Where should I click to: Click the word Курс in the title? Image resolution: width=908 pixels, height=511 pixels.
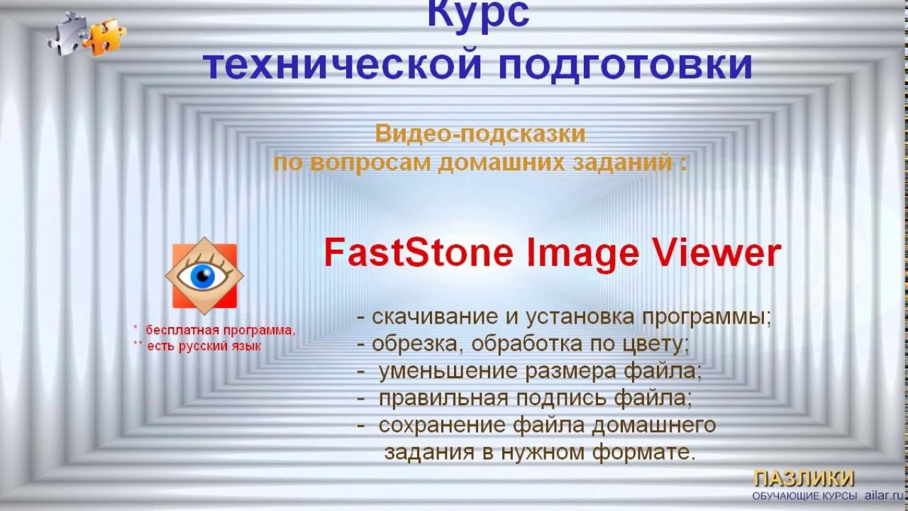[x=477, y=16]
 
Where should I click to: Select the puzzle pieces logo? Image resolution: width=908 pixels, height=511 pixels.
[x=87, y=35]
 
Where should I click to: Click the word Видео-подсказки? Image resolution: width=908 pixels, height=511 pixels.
[x=480, y=133]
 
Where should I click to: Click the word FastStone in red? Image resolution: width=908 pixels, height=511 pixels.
[x=418, y=253]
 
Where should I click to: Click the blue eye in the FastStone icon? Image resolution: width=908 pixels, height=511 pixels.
[x=204, y=276]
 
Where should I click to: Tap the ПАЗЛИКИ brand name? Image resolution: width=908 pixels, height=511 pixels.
[x=803, y=478]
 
